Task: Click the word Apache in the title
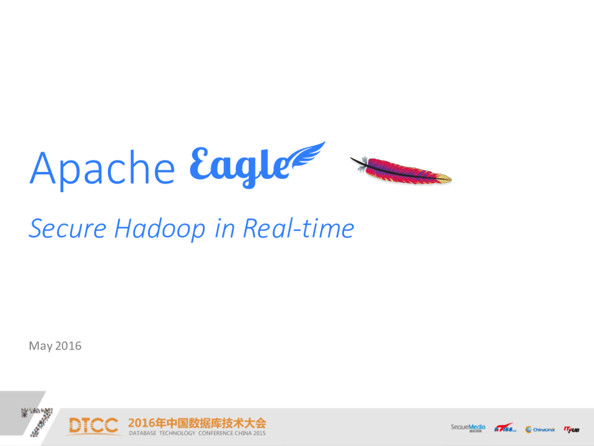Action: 102,168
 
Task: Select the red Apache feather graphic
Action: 401,170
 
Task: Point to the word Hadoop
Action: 160,228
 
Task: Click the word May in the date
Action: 41,346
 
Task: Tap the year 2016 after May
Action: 68,346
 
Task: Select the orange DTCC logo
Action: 93,425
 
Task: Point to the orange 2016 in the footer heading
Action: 143,422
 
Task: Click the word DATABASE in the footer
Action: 145,433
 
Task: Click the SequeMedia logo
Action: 468,428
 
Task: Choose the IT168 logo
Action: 505,429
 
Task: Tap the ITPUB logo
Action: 571,429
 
